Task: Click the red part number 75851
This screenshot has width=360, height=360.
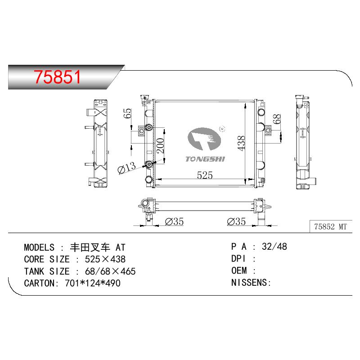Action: click(x=58, y=77)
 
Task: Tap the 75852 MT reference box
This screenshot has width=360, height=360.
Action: click(x=331, y=227)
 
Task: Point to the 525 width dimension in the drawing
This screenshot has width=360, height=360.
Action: click(x=205, y=175)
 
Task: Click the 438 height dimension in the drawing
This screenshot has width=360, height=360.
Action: click(x=241, y=143)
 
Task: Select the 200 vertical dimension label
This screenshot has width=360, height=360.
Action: click(x=160, y=145)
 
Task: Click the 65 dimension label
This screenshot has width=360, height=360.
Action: click(x=127, y=113)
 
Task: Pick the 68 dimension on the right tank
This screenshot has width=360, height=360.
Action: click(x=277, y=119)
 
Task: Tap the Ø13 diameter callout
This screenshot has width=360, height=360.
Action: click(x=126, y=167)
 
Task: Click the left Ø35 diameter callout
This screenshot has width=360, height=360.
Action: click(x=174, y=221)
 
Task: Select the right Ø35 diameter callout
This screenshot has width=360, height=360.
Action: click(x=236, y=221)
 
